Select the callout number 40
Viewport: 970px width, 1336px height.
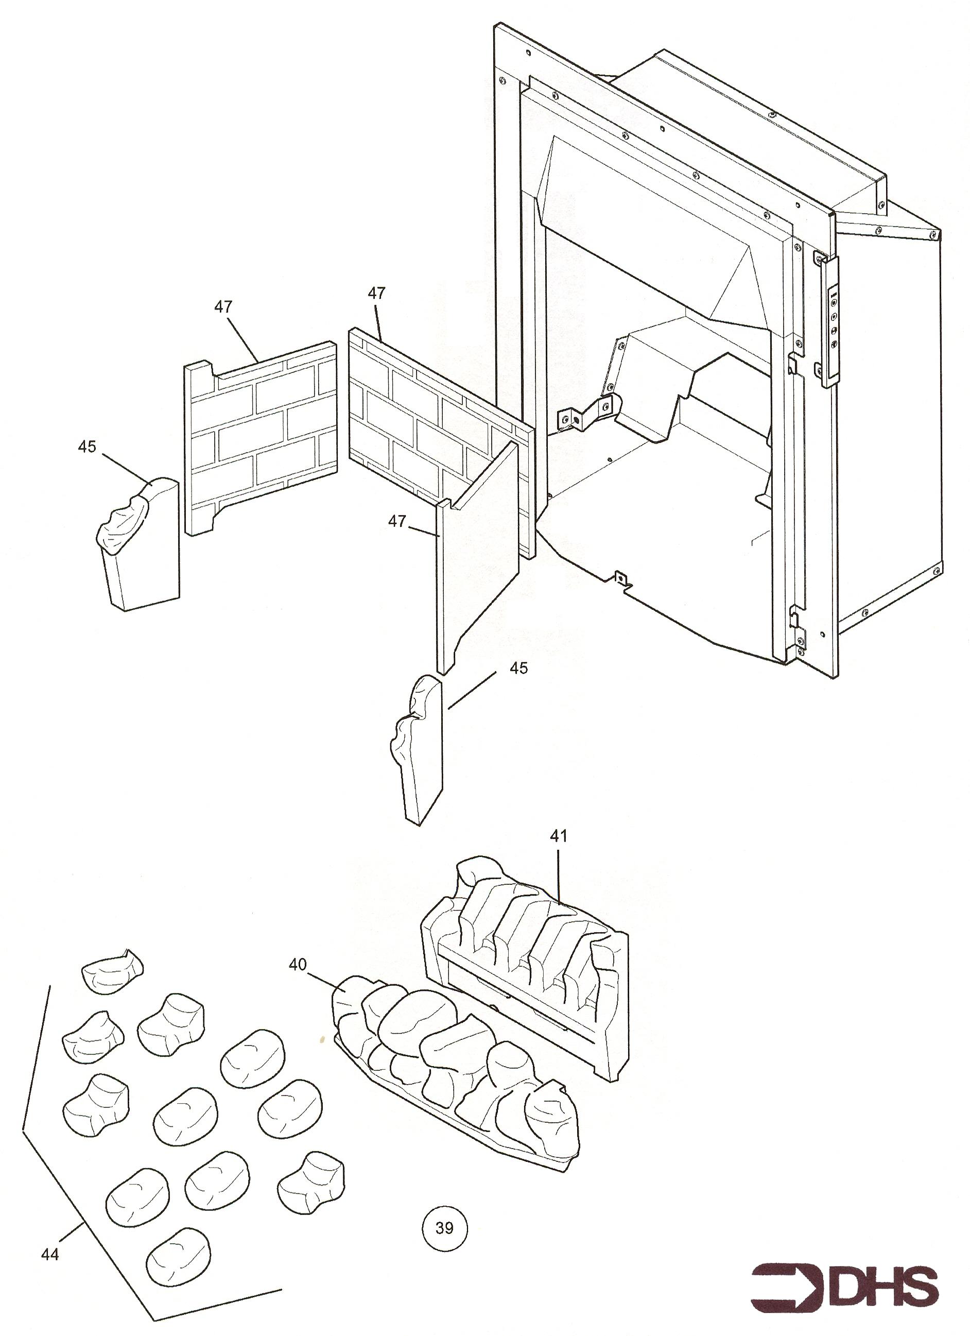(298, 964)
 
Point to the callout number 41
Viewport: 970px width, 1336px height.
(558, 835)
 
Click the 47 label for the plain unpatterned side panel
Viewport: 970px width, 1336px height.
(397, 521)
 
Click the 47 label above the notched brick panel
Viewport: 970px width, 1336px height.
(223, 306)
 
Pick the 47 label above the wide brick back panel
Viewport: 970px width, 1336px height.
(376, 293)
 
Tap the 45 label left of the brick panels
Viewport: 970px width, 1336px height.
(86, 447)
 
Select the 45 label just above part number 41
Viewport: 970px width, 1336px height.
(518, 668)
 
